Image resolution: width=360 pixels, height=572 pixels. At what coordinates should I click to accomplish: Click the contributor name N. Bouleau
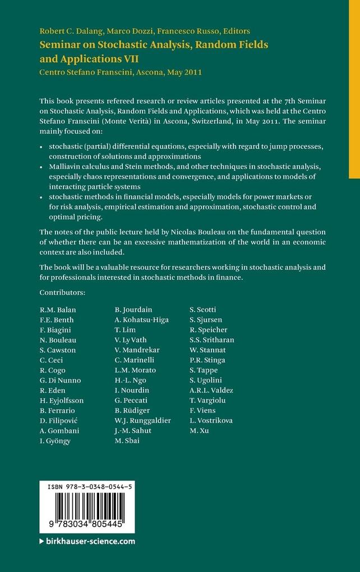(58, 340)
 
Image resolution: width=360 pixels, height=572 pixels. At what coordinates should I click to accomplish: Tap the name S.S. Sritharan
(212, 340)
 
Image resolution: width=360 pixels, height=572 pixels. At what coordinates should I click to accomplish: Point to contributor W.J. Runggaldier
(143, 420)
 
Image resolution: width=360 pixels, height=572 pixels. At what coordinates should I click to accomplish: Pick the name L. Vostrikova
(211, 420)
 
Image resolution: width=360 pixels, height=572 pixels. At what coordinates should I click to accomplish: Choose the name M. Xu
(199, 430)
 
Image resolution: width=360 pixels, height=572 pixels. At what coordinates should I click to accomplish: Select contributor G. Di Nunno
(61, 380)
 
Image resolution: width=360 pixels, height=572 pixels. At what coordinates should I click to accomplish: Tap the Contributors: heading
(62, 293)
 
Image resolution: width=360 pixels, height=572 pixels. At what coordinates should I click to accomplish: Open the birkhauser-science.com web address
(90, 541)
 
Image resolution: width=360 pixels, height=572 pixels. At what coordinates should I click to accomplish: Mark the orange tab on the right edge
(354, 90)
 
